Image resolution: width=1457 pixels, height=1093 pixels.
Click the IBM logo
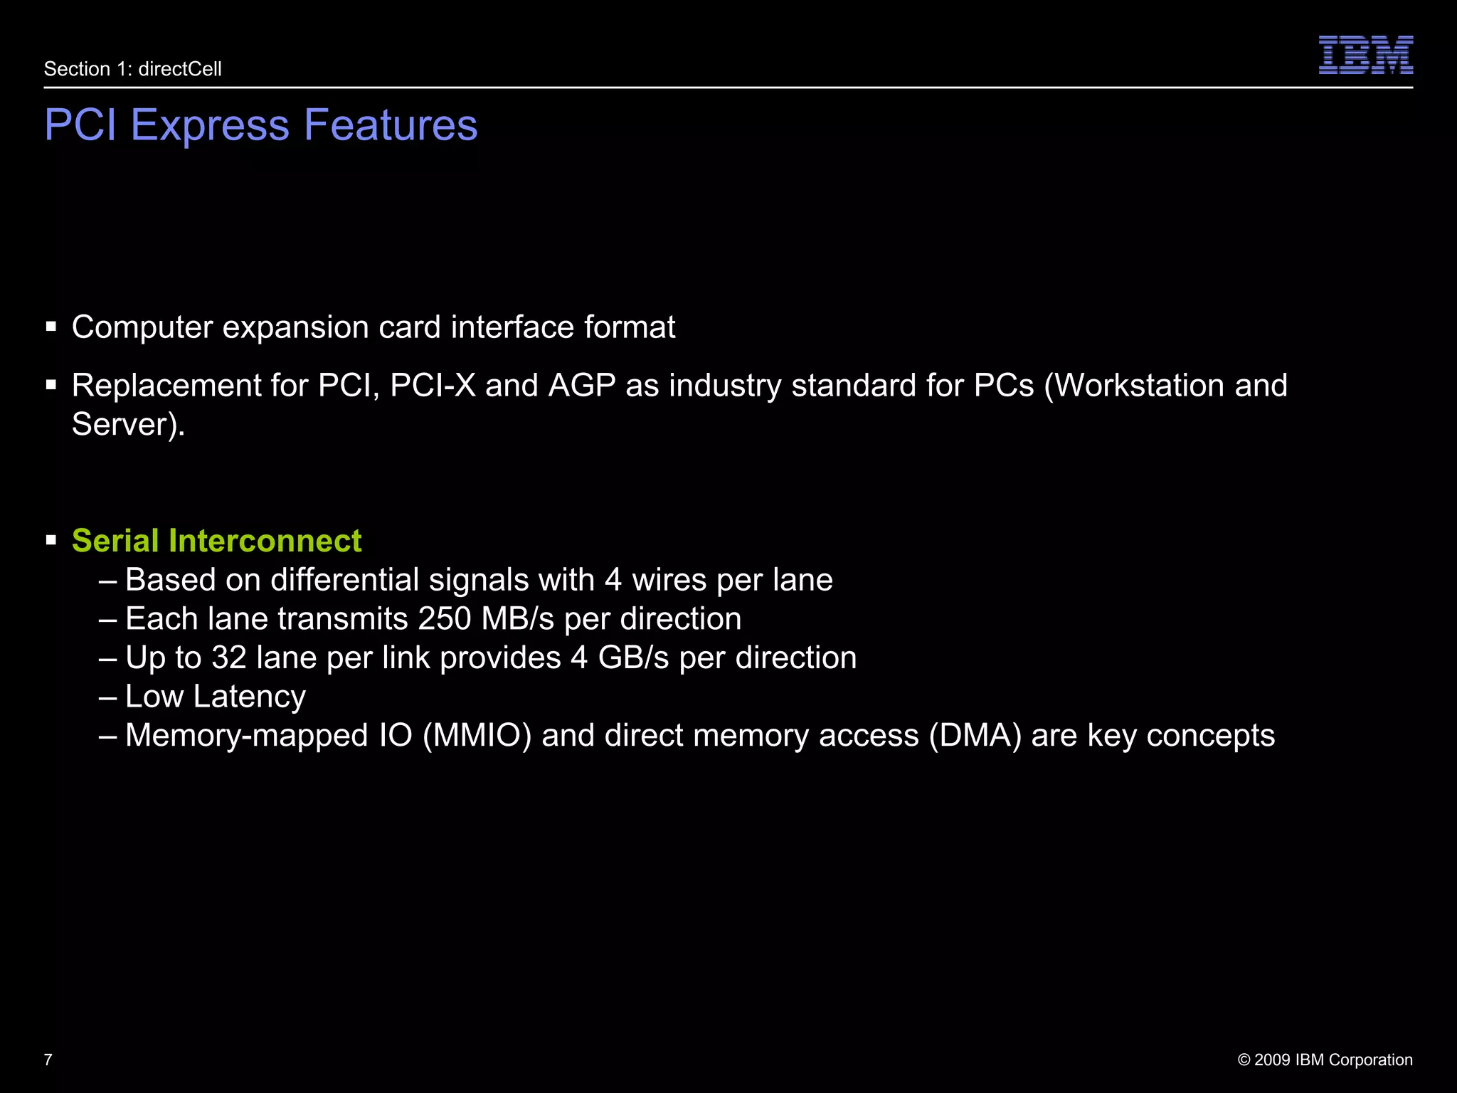pyautogui.click(x=1365, y=55)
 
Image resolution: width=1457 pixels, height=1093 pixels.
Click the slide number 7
pyautogui.click(x=48, y=1060)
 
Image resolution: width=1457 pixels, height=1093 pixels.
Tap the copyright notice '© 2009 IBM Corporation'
pyautogui.click(x=1325, y=1060)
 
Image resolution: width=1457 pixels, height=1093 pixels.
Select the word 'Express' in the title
pyautogui.click(x=210, y=126)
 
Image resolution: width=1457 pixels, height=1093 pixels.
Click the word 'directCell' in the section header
pyautogui.click(x=180, y=69)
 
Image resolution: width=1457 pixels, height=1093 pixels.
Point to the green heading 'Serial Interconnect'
pyautogui.click(x=217, y=541)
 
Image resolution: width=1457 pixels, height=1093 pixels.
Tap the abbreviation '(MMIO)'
pyautogui.click(x=477, y=736)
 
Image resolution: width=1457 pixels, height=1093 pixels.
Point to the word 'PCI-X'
pyautogui.click(x=433, y=386)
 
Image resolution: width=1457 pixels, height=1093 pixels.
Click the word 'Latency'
pyautogui.click(x=250, y=697)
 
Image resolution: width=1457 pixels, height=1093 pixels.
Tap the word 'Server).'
pyautogui.click(x=129, y=425)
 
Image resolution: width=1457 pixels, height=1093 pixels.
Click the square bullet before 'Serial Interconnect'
pyautogui.click(x=51, y=541)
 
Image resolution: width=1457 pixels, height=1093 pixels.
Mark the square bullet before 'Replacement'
pyautogui.click(x=51, y=386)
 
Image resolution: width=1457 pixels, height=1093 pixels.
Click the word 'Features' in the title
pyautogui.click(x=391, y=126)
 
